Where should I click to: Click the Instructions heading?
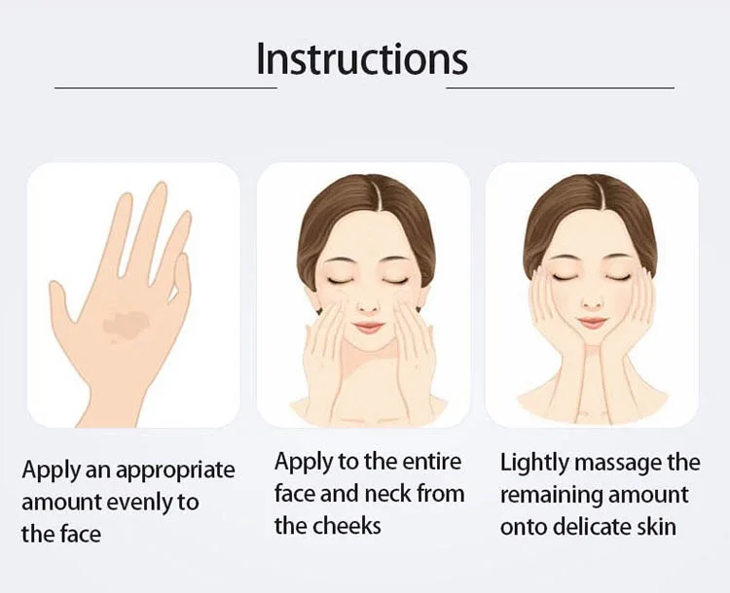[362, 58]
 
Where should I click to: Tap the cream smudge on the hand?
[125, 324]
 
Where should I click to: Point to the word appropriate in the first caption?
[175, 471]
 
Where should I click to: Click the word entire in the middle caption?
[431, 462]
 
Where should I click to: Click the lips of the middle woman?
[369, 328]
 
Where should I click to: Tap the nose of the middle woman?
[368, 304]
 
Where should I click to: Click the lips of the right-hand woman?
[593, 323]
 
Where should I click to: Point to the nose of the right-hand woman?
[592, 300]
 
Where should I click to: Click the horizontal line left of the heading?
[165, 87]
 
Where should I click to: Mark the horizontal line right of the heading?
[561, 87]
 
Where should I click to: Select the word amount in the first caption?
[61, 504]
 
